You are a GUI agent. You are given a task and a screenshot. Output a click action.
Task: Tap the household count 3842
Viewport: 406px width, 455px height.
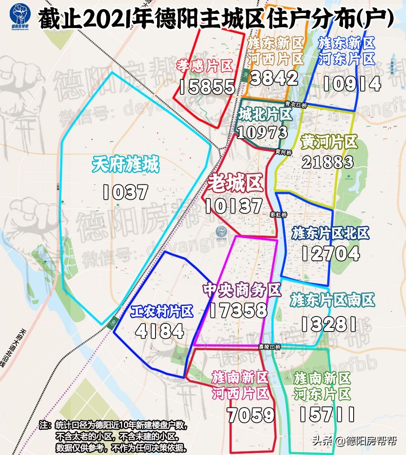[x=274, y=78]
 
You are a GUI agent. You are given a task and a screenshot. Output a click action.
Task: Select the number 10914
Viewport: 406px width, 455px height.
[x=352, y=83]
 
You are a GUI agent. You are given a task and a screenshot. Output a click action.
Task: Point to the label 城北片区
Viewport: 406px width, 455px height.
[x=264, y=115]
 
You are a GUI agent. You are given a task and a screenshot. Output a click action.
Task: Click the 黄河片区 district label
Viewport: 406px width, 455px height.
[x=329, y=143]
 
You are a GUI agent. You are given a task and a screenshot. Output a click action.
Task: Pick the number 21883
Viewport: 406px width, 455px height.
[x=328, y=162]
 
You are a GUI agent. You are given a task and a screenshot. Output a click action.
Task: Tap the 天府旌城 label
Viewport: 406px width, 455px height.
[x=125, y=165]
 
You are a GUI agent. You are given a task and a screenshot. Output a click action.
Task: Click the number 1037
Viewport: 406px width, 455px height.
[x=125, y=192]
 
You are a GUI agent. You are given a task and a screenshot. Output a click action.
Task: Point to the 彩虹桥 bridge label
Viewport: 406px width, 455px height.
[x=279, y=215]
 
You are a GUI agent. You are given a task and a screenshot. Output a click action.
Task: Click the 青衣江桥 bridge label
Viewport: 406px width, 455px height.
[x=296, y=105]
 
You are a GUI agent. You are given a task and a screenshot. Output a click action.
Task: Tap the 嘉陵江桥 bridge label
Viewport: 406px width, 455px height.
[x=270, y=347]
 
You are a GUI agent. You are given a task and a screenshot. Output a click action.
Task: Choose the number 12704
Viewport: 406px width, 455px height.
[x=330, y=254]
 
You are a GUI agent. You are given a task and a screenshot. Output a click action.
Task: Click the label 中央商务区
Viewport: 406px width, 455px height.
[x=242, y=290]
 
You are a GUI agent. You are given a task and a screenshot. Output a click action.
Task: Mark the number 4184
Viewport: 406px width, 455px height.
[x=160, y=331]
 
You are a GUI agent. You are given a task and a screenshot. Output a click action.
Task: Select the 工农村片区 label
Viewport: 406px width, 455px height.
[x=161, y=312]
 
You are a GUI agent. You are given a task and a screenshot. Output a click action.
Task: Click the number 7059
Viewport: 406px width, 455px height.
[x=251, y=415]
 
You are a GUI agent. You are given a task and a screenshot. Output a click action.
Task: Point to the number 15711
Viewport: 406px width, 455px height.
[x=327, y=414]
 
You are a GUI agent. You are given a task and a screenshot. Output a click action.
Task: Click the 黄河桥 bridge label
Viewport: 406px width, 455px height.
[x=283, y=152]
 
